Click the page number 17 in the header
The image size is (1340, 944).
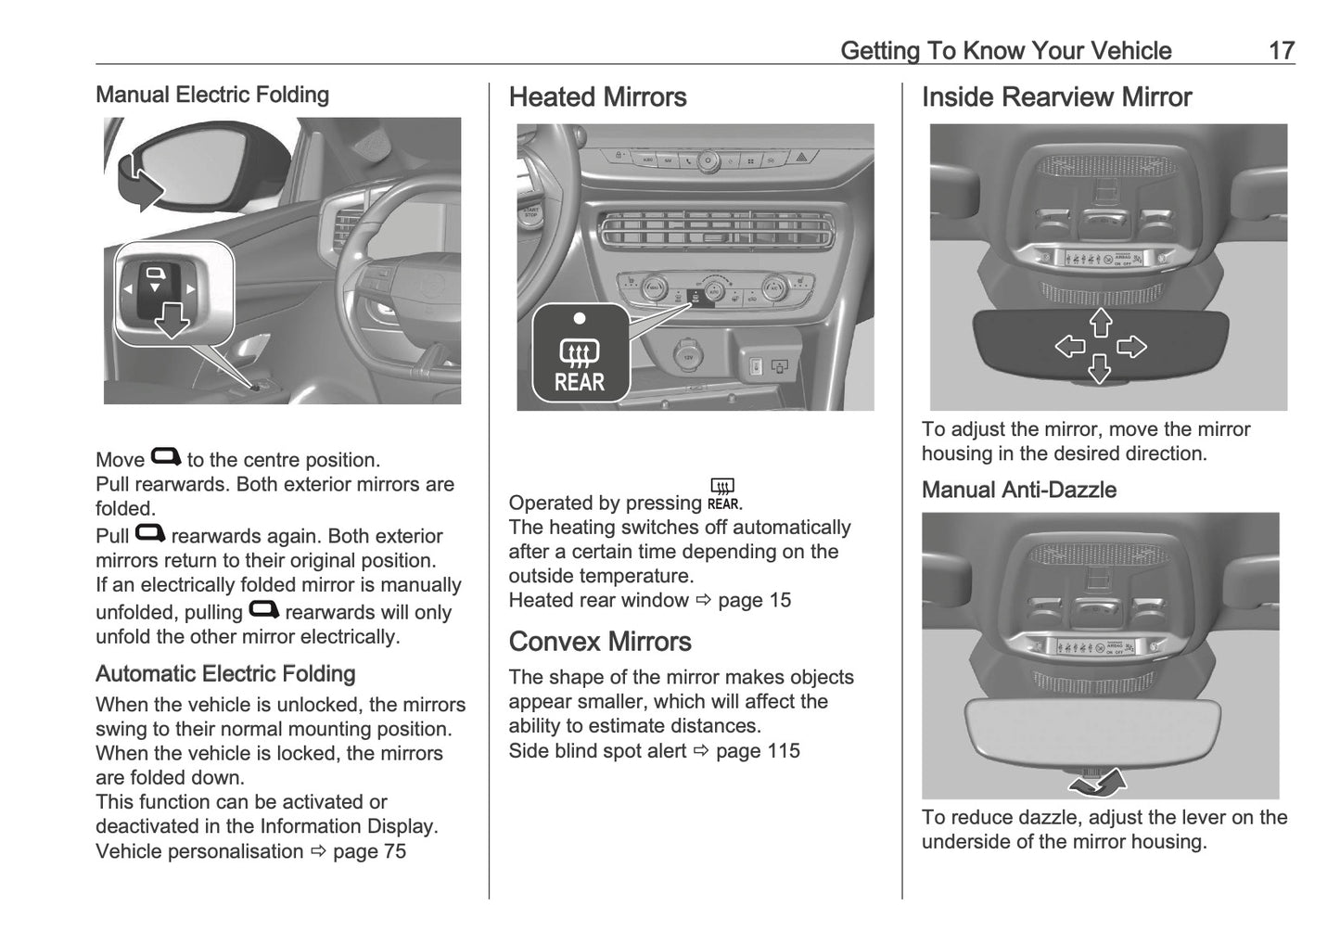tap(1281, 50)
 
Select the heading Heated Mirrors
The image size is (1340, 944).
tap(597, 97)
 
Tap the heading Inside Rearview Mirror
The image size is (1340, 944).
tap(1056, 97)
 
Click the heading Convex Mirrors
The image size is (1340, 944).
tap(600, 642)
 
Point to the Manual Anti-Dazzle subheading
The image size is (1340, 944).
tap(1018, 491)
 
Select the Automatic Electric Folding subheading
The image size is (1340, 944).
tap(225, 674)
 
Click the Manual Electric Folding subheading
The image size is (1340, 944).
tap(212, 95)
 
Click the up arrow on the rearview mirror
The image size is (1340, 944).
tap(1101, 323)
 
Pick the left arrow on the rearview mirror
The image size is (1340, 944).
tap(1070, 347)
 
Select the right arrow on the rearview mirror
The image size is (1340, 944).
tap(1131, 347)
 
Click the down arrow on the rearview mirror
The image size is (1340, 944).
tap(1100, 369)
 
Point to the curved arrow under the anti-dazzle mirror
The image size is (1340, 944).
tap(1098, 785)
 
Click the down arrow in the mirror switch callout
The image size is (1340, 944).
tap(172, 322)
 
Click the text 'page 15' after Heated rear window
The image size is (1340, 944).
tap(754, 600)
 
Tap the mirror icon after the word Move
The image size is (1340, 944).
tap(166, 456)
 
